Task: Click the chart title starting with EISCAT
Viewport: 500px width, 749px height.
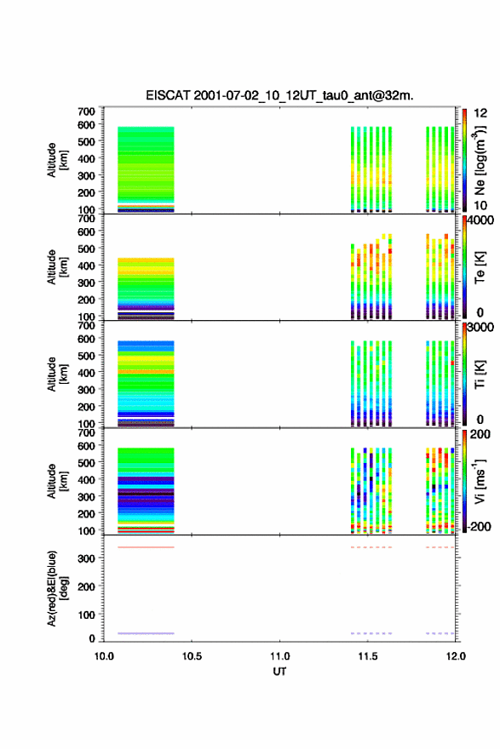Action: [x=279, y=95]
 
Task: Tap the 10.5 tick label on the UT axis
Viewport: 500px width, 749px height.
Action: [x=192, y=656]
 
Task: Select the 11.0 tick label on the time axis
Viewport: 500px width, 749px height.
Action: [x=279, y=656]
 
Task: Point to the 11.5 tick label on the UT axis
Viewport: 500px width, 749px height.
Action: [x=368, y=656]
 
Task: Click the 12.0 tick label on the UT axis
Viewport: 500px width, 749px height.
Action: [x=456, y=656]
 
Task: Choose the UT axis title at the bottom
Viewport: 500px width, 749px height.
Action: [x=279, y=672]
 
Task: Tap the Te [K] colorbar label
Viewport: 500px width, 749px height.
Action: [x=480, y=267]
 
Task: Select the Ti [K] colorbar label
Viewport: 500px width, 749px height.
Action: [x=480, y=374]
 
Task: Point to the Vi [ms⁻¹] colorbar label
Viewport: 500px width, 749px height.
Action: [x=480, y=481]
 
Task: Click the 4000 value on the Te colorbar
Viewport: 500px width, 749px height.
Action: [x=480, y=220]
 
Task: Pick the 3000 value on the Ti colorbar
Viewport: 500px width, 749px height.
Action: [x=480, y=328]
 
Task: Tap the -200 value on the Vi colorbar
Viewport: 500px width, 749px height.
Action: [x=480, y=526]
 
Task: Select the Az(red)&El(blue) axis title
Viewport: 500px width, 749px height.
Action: [x=58, y=588]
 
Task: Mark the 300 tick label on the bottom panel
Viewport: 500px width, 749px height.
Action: [x=86, y=558]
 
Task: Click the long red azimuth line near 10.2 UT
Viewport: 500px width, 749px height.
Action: [x=146, y=547]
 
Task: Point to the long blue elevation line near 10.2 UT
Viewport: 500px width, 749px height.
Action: [x=146, y=633]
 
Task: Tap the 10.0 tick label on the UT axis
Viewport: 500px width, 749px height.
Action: [x=104, y=656]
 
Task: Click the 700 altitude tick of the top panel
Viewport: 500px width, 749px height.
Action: [x=86, y=111]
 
